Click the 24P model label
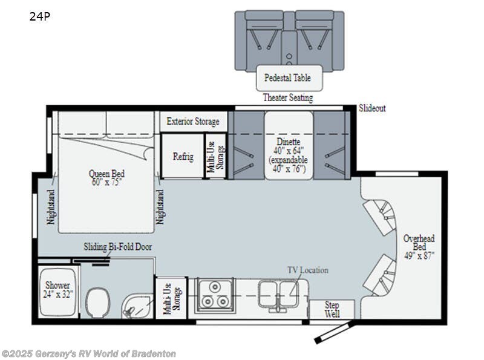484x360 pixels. coord(39,17)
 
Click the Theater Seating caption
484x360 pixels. coord(287,97)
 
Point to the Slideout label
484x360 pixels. coord(372,109)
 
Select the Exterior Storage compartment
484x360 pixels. coord(193,121)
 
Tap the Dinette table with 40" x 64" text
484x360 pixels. coord(288,151)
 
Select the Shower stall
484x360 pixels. coord(57,290)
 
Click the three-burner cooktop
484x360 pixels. coord(214,297)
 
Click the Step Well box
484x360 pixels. coord(332,309)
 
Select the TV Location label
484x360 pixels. coord(307,270)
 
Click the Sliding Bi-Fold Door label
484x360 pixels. coord(117,247)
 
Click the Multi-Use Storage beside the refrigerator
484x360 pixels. coord(215,155)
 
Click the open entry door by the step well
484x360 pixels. coord(333,332)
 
